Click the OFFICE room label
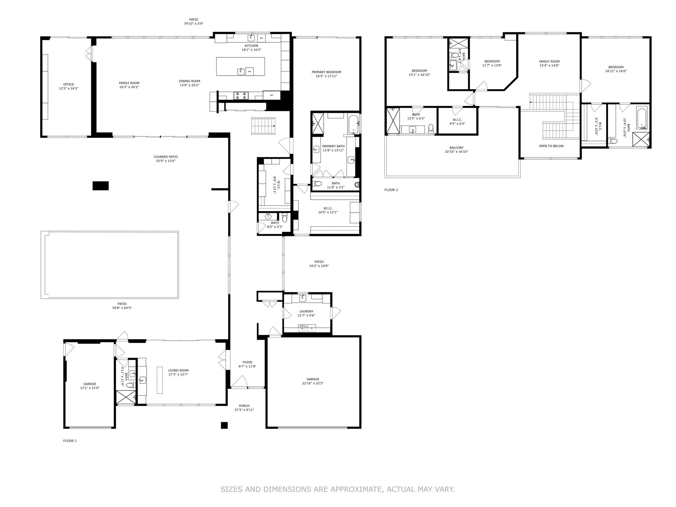69,84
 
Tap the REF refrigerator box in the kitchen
272,95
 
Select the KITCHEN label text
252,46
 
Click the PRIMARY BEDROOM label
326,72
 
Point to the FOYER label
247,362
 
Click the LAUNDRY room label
306,311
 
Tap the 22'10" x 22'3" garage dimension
313,383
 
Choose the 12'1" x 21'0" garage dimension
90,388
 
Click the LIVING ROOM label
178,371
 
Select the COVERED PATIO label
166,157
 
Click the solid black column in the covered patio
100,186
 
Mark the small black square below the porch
224,425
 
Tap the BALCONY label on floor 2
456,148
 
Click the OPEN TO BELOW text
551,146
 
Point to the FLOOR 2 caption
391,190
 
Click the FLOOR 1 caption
70,441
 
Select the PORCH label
244,406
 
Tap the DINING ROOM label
189,81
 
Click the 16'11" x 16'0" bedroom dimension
616,71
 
